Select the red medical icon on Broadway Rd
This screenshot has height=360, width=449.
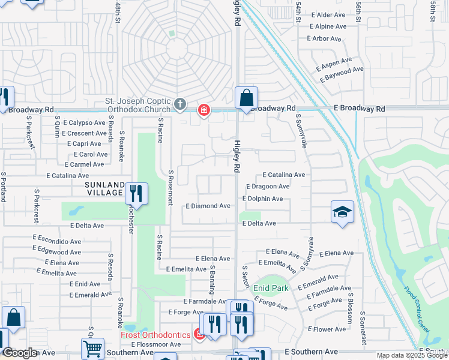click(204, 110)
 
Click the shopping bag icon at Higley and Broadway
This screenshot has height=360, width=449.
click(246, 98)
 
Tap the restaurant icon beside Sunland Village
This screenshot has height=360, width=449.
click(136, 193)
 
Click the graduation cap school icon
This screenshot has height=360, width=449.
click(342, 212)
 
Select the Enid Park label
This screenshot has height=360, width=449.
click(271, 288)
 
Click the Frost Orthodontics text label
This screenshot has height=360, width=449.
click(155, 335)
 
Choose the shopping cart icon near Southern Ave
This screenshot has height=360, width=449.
click(92, 349)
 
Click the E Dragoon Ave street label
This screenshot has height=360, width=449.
click(268, 187)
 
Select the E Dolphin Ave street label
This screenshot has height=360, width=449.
click(262, 199)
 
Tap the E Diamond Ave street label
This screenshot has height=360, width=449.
click(208, 206)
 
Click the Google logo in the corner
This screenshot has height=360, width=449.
click(20, 353)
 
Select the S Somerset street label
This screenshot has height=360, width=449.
click(363, 328)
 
